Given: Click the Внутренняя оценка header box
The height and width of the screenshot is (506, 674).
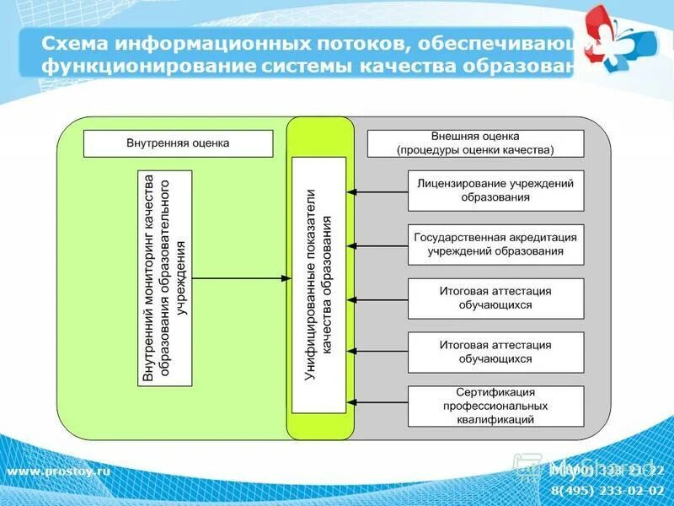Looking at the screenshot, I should tap(179, 143).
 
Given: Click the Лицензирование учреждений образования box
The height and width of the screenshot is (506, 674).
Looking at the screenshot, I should tap(495, 191).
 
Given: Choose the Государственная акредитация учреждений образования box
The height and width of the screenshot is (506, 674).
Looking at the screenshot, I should tap(495, 245).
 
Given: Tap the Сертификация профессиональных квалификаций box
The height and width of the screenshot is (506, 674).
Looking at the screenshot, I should tap(495, 406).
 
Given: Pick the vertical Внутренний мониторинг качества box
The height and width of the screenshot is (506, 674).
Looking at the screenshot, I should tap(164, 278).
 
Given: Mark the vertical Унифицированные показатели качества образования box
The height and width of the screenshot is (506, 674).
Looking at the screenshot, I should tap(318, 285).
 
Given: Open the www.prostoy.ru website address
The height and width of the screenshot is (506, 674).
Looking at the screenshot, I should tap(59, 471).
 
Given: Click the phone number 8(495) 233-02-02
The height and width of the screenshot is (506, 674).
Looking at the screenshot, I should tap(607, 489).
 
